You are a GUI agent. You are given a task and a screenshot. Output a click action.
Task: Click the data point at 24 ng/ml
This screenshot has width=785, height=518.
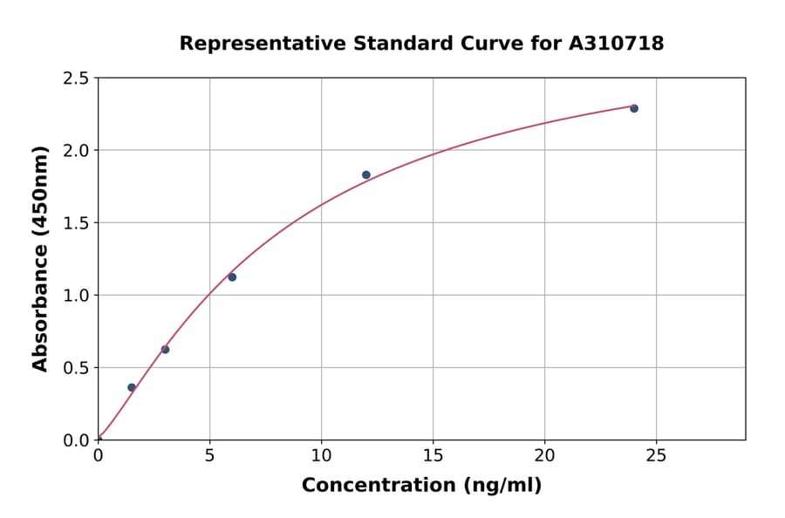pos(634,108)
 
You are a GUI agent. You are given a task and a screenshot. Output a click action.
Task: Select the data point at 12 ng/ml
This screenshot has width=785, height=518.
pos(366,174)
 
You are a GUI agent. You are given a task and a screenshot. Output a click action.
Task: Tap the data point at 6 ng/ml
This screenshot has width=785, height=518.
pos(232,277)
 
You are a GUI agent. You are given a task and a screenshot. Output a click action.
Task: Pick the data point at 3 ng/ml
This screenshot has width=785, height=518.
pos(165,350)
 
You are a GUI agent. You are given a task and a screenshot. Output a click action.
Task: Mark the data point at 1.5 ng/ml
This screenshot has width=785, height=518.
pos(132,387)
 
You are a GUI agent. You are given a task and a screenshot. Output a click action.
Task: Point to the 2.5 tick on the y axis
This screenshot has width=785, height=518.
pos(78,78)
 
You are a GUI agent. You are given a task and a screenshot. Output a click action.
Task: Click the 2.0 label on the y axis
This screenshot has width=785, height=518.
pos(78,151)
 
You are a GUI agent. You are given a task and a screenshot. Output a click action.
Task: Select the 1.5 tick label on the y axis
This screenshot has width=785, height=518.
pos(78,223)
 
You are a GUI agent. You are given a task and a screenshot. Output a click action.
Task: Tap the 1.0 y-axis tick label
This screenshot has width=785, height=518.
pos(78,296)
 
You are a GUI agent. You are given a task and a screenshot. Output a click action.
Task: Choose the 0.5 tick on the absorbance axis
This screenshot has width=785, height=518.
pos(78,368)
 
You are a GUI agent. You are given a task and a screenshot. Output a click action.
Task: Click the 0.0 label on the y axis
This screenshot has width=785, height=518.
pos(78,440)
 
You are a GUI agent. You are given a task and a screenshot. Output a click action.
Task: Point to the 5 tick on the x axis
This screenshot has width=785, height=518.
pos(209,455)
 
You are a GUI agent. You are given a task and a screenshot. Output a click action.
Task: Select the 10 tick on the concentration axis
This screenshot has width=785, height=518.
pos(321,455)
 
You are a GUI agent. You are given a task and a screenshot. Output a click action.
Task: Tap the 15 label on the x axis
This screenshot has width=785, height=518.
pos(433,455)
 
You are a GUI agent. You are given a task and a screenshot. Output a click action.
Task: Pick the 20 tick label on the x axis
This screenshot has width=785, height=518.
pos(544,455)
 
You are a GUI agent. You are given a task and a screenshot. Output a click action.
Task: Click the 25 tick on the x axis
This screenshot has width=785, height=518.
pos(656,455)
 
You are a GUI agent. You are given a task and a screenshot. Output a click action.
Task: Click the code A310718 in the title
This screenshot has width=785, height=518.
pos(616,44)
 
